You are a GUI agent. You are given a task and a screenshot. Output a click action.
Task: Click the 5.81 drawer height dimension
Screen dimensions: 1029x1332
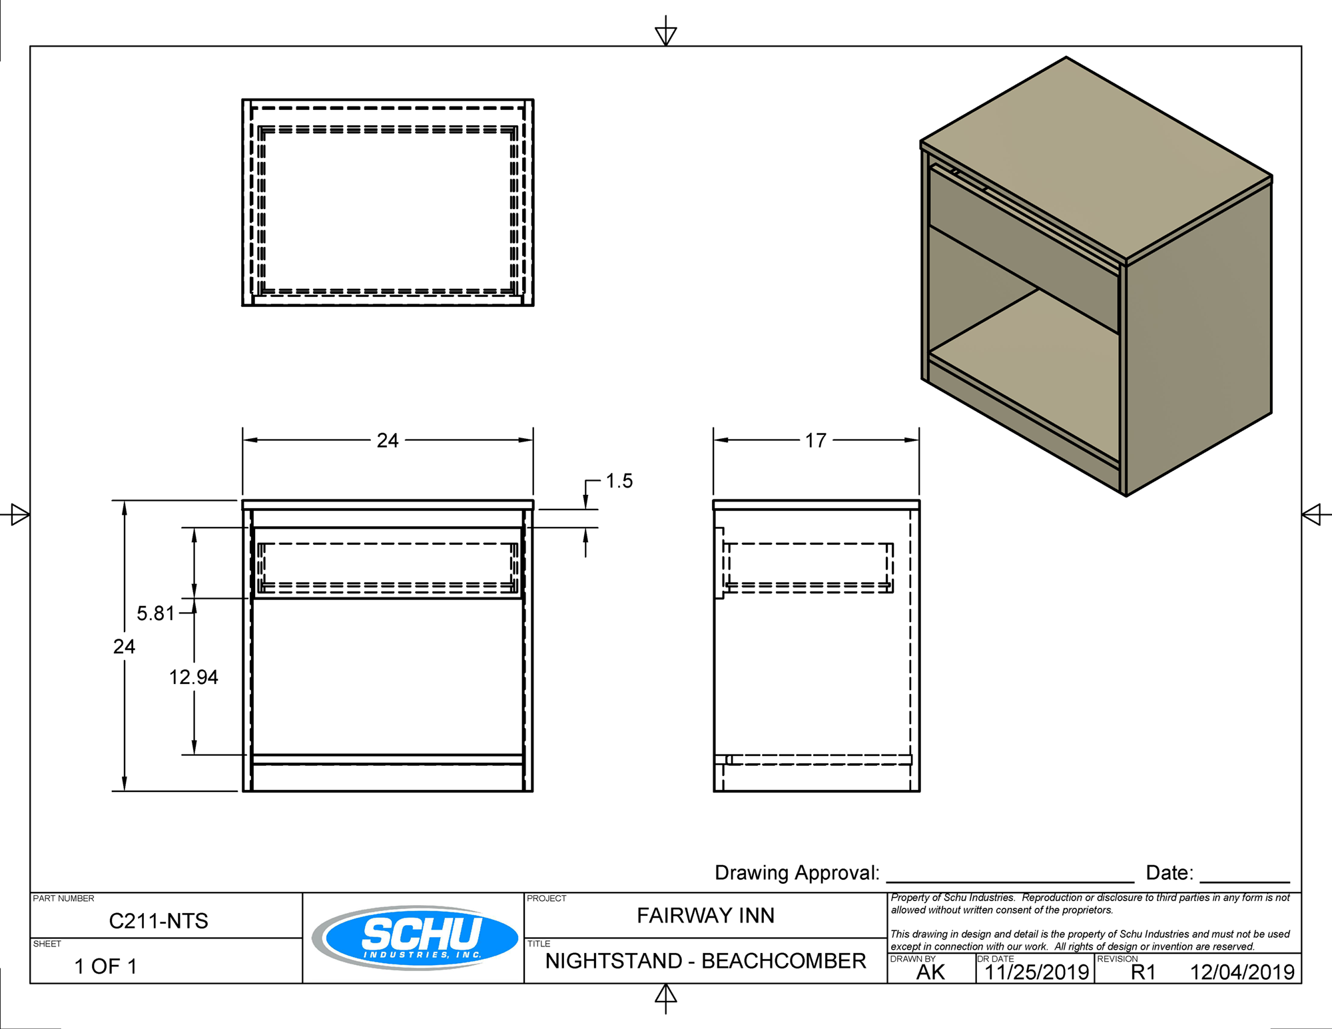[x=155, y=613]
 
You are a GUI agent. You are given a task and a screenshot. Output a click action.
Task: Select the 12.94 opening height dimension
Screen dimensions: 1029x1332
[x=193, y=677]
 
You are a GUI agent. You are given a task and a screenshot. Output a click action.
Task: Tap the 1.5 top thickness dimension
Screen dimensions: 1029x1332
[x=619, y=481]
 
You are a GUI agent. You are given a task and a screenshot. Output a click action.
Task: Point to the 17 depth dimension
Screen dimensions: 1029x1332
[x=815, y=440]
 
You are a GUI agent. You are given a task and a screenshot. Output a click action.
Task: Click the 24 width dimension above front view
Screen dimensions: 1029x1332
[x=388, y=440]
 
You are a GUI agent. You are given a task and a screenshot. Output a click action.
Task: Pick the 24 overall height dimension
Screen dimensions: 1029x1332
[x=124, y=646]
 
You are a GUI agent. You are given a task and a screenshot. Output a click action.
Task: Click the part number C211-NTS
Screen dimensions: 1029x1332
[x=159, y=921]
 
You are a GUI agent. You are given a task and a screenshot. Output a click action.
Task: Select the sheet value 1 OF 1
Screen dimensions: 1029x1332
[x=105, y=966]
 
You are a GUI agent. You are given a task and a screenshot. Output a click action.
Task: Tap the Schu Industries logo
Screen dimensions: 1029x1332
[x=416, y=937]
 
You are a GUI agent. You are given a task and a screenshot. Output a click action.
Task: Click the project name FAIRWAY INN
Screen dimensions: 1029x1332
[x=705, y=916]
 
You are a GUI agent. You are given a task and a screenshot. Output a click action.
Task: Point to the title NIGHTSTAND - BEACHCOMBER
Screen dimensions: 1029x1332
[x=705, y=961]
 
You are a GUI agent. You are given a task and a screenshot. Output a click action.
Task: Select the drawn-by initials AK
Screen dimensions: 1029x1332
[x=930, y=972]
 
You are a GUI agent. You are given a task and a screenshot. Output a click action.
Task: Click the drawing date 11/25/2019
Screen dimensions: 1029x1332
[x=1036, y=972]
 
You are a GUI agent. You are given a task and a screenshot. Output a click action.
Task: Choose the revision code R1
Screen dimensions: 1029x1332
[x=1143, y=972]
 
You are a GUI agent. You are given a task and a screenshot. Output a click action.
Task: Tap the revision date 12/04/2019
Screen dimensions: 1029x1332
[x=1242, y=972]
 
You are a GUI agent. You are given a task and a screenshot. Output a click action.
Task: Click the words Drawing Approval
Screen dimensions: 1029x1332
[x=797, y=873]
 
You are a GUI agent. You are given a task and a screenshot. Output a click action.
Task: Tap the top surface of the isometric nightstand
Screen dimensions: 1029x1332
[x=1096, y=157]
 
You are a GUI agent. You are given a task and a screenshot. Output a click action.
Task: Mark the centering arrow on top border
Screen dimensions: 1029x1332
[x=666, y=34]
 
